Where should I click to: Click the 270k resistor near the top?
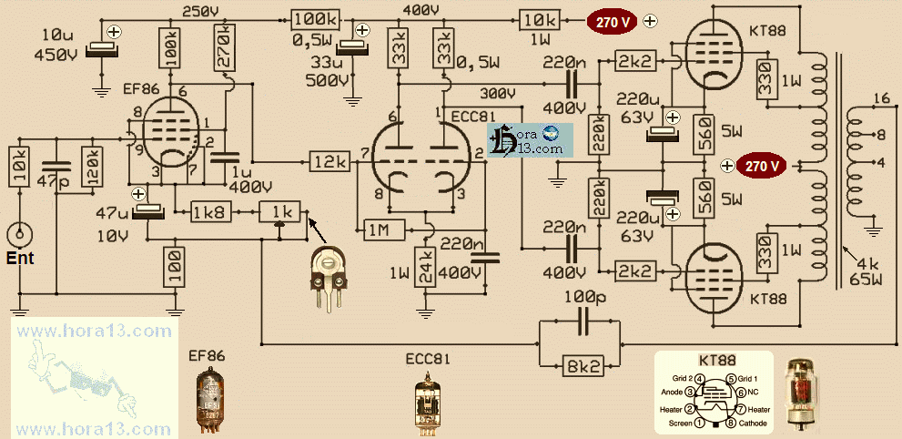(x=222, y=43)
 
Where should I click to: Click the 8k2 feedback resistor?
(x=583, y=366)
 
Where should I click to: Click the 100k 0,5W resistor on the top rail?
(x=316, y=19)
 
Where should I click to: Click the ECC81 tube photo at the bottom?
(x=426, y=405)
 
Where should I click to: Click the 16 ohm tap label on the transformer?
(x=880, y=98)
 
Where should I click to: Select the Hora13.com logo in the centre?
(x=530, y=139)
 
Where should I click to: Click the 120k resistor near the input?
(x=91, y=167)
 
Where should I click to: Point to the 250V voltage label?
(x=200, y=11)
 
